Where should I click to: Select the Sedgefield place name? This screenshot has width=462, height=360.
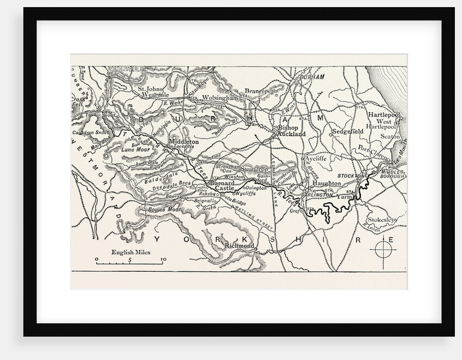(347, 132)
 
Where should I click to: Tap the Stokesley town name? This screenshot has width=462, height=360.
(382, 219)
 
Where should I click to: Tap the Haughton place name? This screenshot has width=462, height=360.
(326, 184)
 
